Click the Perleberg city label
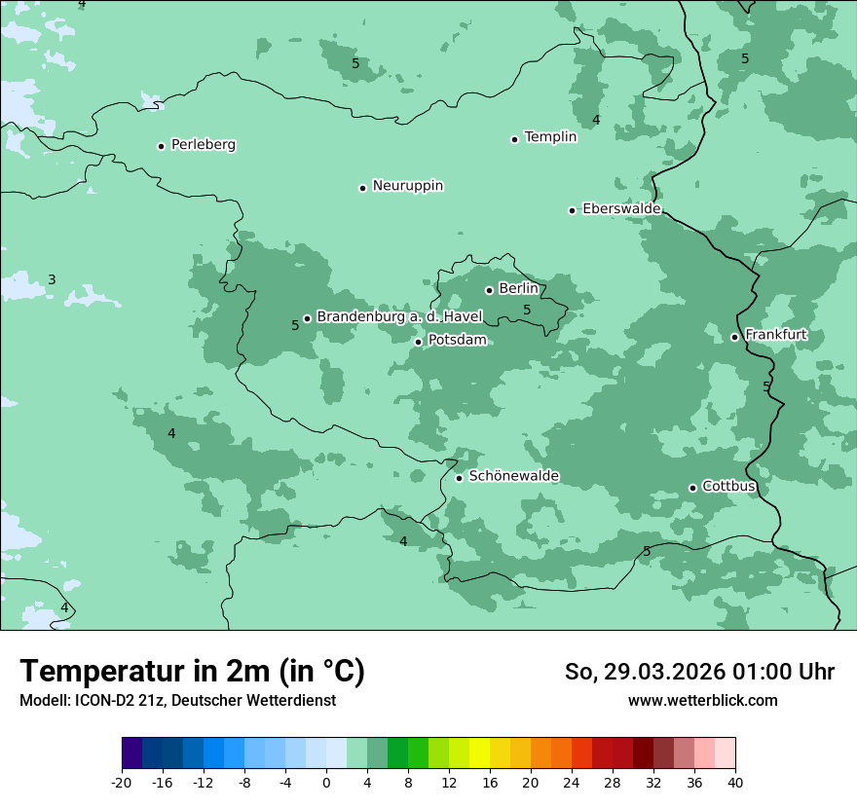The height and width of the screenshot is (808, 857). click(x=203, y=145)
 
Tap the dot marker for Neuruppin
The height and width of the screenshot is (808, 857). click(x=362, y=188)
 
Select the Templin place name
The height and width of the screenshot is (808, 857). click(x=550, y=137)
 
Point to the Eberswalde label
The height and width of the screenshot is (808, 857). click(x=621, y=209)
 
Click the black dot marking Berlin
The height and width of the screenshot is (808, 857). click(x=489, y=290)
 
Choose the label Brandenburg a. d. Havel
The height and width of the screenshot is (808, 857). click(x=399, y=317)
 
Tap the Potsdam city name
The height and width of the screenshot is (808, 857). click(x=457, y=341)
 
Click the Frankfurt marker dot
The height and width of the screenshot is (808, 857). click(x=734, y=337)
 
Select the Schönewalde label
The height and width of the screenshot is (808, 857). click(x=513, y=476)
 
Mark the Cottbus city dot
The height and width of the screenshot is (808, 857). click(x=692, y=488)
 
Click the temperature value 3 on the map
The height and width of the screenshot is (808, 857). click(x=52, y=280)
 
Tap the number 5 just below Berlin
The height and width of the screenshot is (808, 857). click(x=527, y=311)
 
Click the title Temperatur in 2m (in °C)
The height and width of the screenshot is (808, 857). click(x=193, y=671)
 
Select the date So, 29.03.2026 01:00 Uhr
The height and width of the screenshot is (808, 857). click(x=699, y=672)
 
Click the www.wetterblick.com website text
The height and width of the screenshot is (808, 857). click(x=702, y=701)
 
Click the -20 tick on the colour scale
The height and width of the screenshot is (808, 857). click(x=122, y=783)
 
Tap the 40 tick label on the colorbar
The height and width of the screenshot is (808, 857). click(x=734, y=783)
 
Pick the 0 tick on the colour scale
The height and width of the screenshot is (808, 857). click(x=326, y=783)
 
